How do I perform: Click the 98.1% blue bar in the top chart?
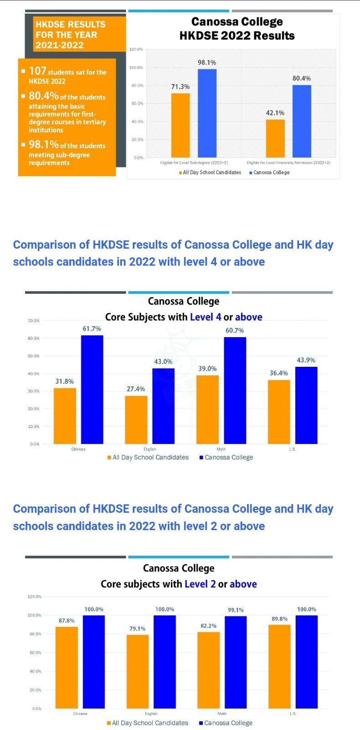pyautogui.click(x=207, y=113)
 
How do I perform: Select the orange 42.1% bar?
pyautogui.click(x=275, y=138)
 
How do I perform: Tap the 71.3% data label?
pyautogui.click(x=180, y=87)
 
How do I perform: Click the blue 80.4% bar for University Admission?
pyautogui.click(x=302, y=121)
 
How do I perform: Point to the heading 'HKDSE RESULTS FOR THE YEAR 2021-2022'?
pyautogui.click(x=70, y=35)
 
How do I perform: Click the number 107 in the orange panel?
pyautogui.click(x=38, y=71)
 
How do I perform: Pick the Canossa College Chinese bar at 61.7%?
pyautogui.click(x=92, y=390)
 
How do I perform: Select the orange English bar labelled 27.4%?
pyautogui.click(x=136, y=420)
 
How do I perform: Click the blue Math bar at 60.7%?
pyautogui.click(x=235, y=391)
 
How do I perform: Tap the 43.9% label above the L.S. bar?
pyautogui.click(x=306, y=360)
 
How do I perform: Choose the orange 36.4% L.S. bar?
pyautogui.click(x=279, y=412)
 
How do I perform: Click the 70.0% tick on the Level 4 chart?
pyautogui.click(x=34, y=321)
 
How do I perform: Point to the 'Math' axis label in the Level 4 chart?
pyautogui.click(x=221, y=449)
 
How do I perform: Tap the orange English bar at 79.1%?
pyautogui.click(x=138, y=671)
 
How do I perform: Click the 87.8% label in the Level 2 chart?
pyautogui.click(x=67, y=620)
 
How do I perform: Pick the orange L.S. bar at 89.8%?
pyautogui.click(x=279, y=666)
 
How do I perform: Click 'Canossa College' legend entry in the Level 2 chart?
pyautogui.click(x=228, y=723)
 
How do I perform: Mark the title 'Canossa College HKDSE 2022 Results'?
pyautogui.click(x=237, y=29)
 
